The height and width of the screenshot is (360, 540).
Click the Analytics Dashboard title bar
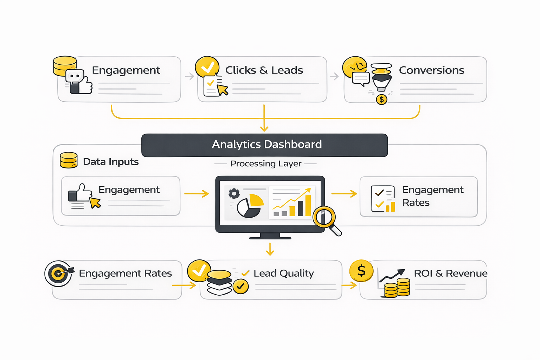[264, 145]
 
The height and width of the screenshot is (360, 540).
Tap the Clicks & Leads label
[264, 70]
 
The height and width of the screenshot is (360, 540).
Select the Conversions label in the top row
[431, 70]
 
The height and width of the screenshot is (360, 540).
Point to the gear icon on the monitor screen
[234, 194]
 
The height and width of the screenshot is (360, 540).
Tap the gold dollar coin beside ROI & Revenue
[361, 271]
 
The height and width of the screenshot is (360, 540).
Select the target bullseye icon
[58, 273]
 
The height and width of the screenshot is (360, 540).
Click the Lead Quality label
[283, 273]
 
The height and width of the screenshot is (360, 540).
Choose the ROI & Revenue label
[450, 273]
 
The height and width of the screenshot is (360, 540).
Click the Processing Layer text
[265, 163]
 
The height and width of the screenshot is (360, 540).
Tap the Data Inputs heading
[111, 162]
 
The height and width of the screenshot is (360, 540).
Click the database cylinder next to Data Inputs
[69, 160]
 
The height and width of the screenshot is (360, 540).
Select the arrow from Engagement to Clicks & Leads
[189, 76]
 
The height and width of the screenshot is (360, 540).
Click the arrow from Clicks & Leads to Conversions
[334, 76]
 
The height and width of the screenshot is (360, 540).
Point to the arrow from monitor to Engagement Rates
[344, 193]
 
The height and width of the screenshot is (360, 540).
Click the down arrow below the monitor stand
[270, 249]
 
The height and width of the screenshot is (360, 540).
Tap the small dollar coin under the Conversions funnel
[381, 99]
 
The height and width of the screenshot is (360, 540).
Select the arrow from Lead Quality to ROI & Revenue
[349, 285]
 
